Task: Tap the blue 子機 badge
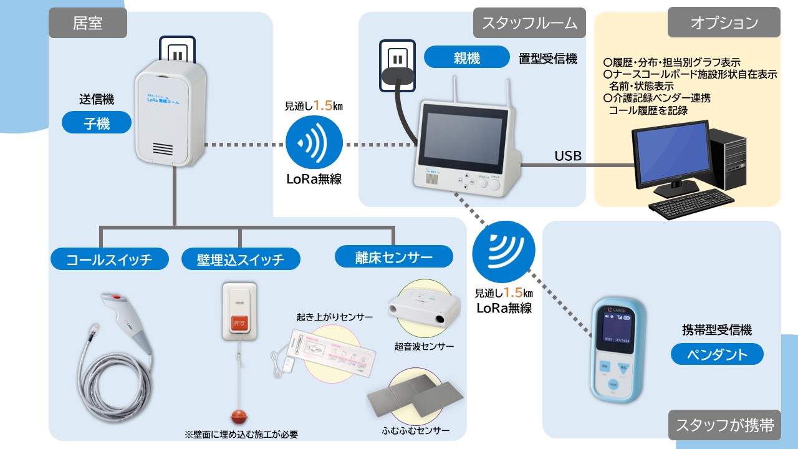(x=97, y=123)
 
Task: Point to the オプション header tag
(x=724, y=23)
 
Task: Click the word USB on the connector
(x=568, y=156)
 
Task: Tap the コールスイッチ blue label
(x=109, y=259)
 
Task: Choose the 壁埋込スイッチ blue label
(x=240, y=259)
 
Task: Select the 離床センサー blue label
(x=393, y=256)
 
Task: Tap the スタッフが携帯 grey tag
(x=724, y=425)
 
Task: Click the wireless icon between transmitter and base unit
(x=314, y=144)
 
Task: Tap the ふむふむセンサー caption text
(x=415, y=430)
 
